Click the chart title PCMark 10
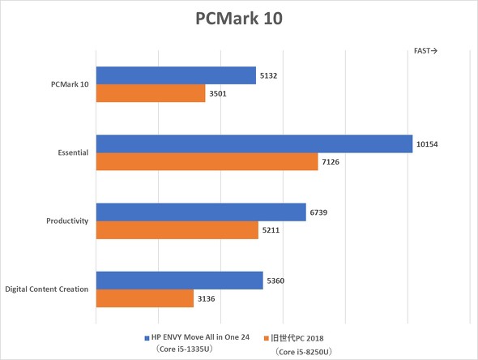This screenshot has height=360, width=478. (239, 19)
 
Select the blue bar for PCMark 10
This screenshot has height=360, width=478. (176, 75)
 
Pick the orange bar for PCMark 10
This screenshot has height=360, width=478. (151, 93)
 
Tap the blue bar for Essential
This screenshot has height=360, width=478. (254, 144)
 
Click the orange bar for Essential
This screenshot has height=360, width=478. (207, 162)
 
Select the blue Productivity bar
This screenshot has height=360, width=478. (201, 212)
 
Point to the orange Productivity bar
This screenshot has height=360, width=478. (177, 230)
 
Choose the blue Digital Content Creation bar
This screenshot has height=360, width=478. (179, 281)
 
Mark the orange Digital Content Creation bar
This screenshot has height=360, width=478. (145, 298)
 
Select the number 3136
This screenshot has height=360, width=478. (207, 299)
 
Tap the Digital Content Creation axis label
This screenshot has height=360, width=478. (47, 289)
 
